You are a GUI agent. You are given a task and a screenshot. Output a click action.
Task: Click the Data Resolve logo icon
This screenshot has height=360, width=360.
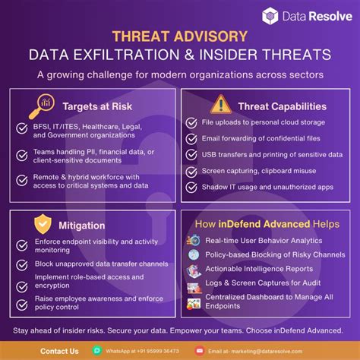(x=270, y=15)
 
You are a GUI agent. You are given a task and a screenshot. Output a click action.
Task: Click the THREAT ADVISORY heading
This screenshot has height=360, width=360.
(x=179, y=36)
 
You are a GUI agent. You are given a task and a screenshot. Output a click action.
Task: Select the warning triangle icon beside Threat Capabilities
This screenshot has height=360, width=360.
(x=220, y=103)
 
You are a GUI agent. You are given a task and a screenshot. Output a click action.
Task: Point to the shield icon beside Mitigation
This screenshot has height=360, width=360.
(x=43, y=223)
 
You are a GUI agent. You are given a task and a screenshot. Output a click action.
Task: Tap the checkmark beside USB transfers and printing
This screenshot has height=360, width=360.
(x=193, y=153)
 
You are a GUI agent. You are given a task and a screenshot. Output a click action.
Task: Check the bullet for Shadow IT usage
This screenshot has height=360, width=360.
(x=193, y=186)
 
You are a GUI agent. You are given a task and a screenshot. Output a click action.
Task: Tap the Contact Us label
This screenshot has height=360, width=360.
(x=59, y=351)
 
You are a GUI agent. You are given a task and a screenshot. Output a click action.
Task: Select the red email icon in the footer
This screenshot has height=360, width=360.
(x=200, y=351)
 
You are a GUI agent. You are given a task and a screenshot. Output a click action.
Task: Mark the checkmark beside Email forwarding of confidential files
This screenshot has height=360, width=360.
(x=193, y=137)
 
